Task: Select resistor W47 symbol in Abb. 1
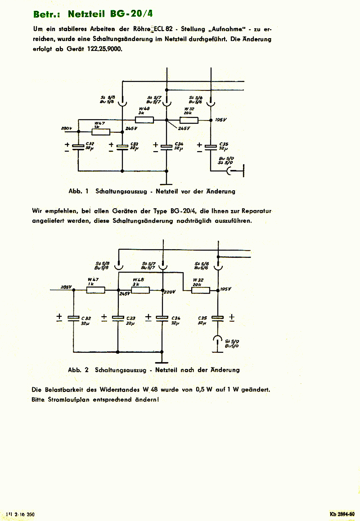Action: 101,132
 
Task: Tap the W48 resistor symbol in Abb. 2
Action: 140,290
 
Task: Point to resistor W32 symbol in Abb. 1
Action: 189,120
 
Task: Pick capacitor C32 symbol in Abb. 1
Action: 78,147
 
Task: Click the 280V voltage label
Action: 67,129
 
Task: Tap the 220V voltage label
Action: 171,292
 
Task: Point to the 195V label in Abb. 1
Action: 221,120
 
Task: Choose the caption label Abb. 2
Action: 77,370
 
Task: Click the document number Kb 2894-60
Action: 342,514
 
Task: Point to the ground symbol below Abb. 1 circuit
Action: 166,183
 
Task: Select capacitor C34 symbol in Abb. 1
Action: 166,147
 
